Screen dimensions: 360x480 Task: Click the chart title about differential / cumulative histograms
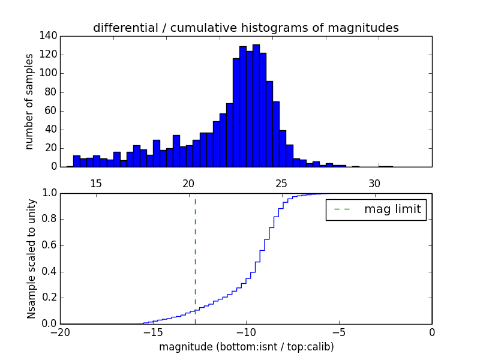pyautogui.click(x=245, y=28)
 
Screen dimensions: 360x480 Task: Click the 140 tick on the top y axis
pyautogui.click(x=50, y=36)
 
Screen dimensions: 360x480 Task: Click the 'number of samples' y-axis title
pyautogui.click(x=29, y=101)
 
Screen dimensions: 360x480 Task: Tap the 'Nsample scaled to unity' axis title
pyautogui.click(x=32, y=258)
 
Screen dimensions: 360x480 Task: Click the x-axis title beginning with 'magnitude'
pyautogui.click(x=246, y=347)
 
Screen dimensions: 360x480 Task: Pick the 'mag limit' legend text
pyautogui.click(x=392, y=209)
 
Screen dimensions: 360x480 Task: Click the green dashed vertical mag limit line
pyautogui.click(x=195, y=258)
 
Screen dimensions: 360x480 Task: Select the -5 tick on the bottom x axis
pyautogui.click(x=338, y=332)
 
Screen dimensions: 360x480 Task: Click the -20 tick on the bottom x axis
pyautogui.click(x=60, y=332)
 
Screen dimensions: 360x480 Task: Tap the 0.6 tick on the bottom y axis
pyautogui.click(x=49, y=245)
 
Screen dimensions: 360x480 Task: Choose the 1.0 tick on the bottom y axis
pyautogui.click(x=49, y=193)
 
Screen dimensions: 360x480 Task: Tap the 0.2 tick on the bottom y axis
pyautogui.click(x=49, y=298)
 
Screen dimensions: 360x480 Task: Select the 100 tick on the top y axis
pyautogui.click(x=50, y=73)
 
